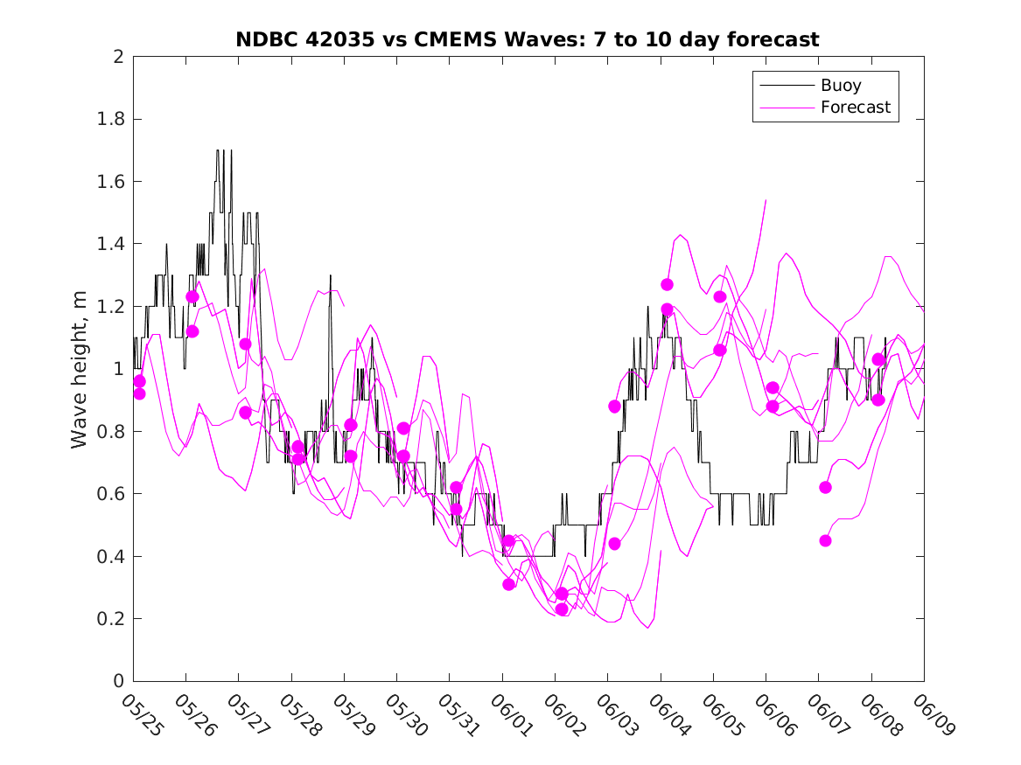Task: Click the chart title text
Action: coord(528,39)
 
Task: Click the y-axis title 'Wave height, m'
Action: coord(79,370)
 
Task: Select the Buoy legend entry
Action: coord(811,85)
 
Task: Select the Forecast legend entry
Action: coord(825,108)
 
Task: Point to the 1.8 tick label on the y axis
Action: coord(110,119)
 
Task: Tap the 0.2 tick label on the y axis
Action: coord(110,619)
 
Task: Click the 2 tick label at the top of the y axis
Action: coord(118,57)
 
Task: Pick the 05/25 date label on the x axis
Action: coord(142,714)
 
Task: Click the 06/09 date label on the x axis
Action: coord(933,714)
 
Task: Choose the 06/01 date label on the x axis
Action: coord(511,714)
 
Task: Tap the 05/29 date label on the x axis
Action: coord(353,714)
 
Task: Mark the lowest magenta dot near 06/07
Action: coord(825,540)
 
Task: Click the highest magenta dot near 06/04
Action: coord(667,284)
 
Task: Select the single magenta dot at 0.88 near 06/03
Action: coord(614,406)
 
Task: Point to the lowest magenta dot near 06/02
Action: coord(562,609)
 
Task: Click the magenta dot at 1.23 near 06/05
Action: coord(719,296)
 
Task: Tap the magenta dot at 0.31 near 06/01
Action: coord(508,584)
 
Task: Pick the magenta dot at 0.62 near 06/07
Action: coord(825,487)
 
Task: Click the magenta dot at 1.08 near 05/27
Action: coord(245,344)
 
